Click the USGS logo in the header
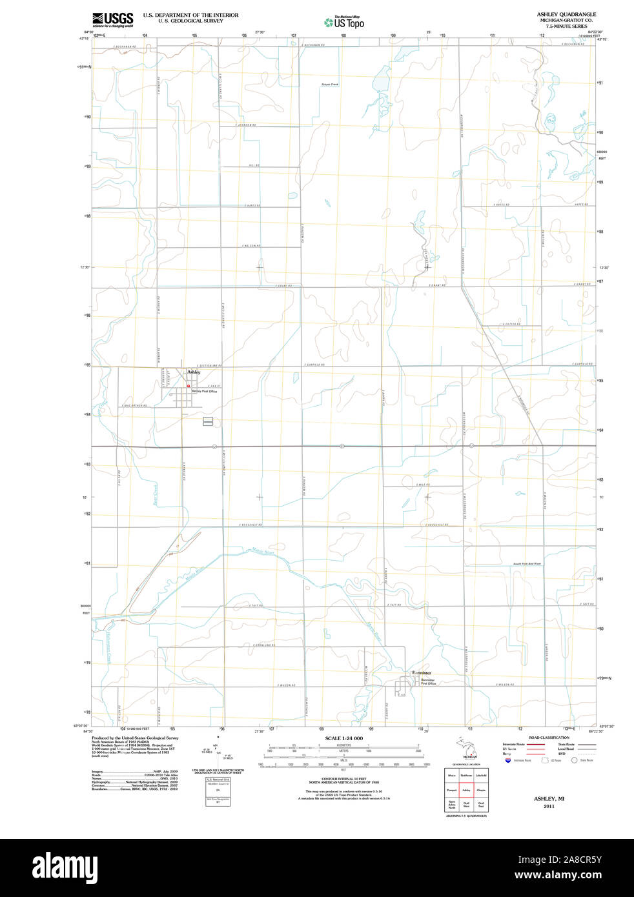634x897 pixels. click(113, 19)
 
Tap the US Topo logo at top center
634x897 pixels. click(344, 22)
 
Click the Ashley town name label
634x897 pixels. click(194, 372)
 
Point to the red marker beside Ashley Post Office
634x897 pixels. click(189, 387)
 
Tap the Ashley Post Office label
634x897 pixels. click(205, 392)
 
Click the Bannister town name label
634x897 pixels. click(421, 673)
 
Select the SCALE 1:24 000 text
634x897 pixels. click(343, 738)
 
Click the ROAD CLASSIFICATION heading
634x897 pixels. click(549, 738)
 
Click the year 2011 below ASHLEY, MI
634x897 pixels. click(549, 807)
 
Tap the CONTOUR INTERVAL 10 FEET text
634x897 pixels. click(343, 778)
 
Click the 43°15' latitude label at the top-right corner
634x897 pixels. click(602, 39)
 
